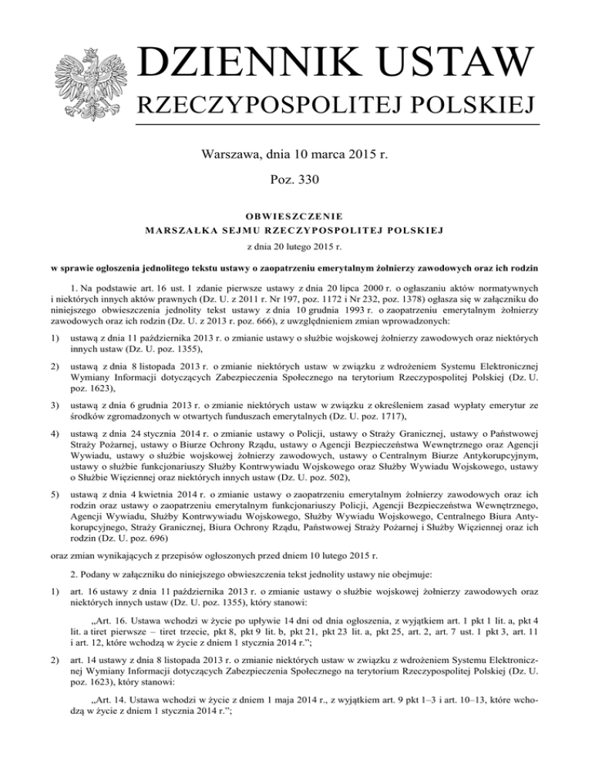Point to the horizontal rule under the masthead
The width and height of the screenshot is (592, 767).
(x=339, y=124)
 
